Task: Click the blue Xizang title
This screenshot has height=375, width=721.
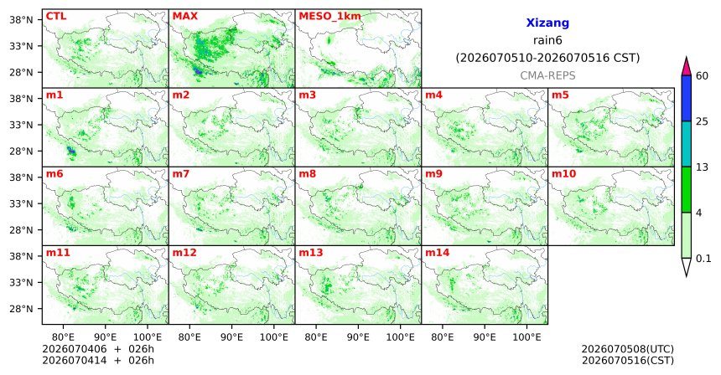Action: point(547,23)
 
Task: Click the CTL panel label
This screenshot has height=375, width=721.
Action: point(56,16)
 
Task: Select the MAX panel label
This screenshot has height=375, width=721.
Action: point(184,16)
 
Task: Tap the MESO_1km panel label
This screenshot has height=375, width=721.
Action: point(329,17)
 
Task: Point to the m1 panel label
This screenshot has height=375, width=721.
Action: point(54,95)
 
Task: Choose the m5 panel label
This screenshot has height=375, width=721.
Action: point(560,95)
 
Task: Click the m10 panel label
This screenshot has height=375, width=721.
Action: point(563,174)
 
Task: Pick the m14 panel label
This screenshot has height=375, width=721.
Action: point(438,253)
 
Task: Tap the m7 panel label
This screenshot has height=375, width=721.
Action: point(181,174)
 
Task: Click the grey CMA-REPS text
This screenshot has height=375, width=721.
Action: point(547,75)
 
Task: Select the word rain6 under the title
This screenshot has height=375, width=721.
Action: point(547,40)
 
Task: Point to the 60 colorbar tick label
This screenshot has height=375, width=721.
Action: point(702,75)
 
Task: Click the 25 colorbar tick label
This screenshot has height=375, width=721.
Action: point(702,121)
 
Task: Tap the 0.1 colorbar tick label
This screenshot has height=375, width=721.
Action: point(703,259)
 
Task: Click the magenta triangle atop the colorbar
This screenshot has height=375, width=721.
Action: point(687,67)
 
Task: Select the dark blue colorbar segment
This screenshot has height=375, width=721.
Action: point(687,98)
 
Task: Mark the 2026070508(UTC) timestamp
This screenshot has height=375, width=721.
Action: point(628,350)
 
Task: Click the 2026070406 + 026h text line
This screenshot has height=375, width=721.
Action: point(98,349)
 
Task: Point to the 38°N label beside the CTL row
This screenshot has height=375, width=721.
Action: point(22,20)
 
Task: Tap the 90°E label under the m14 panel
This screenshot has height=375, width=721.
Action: point(485,337)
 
